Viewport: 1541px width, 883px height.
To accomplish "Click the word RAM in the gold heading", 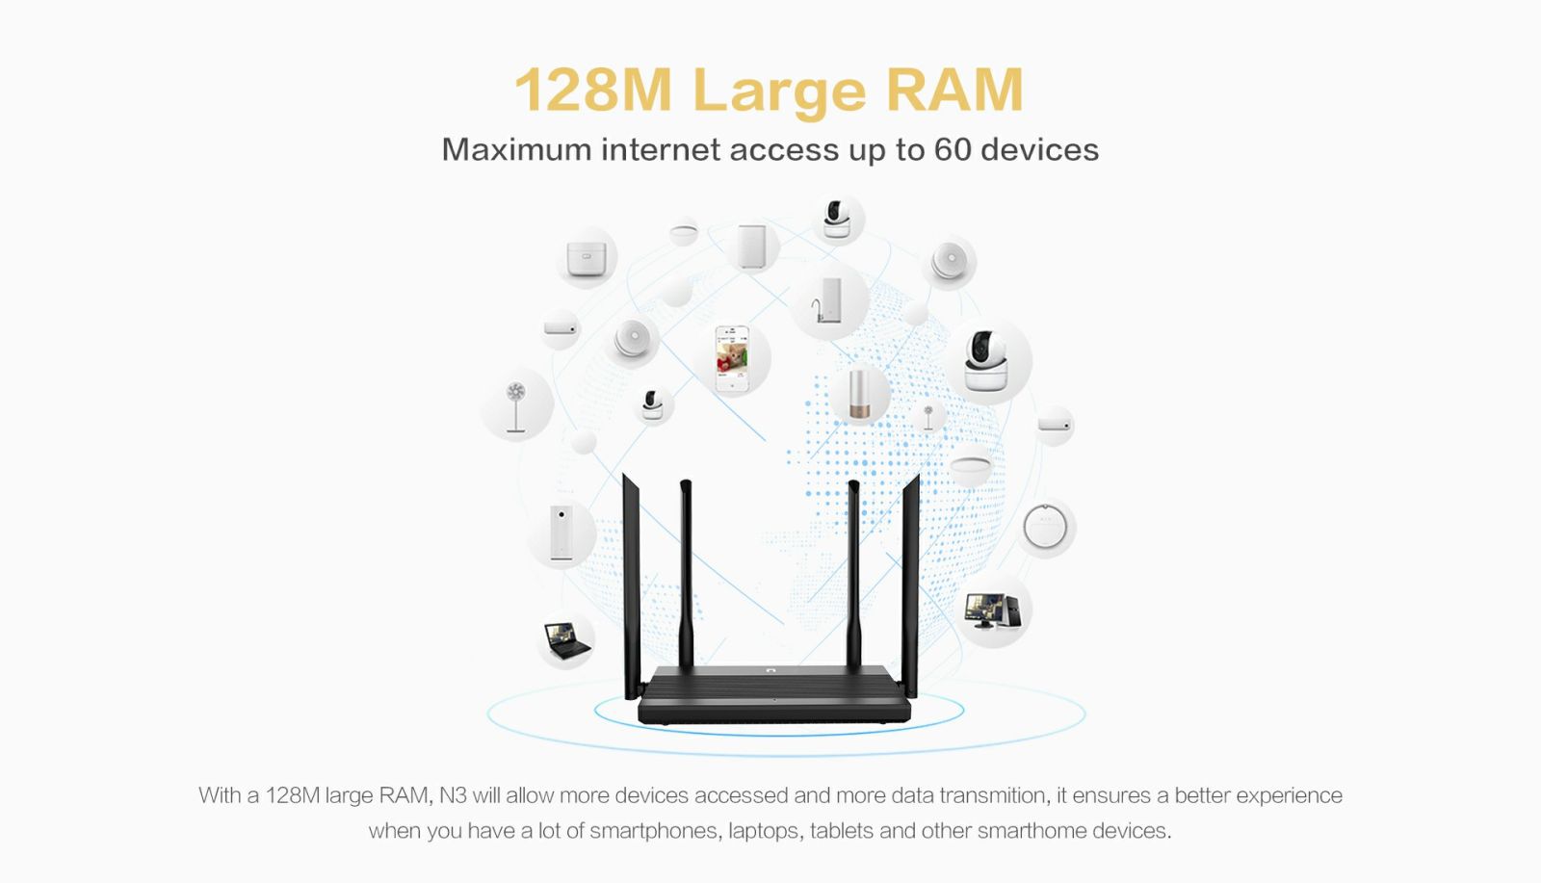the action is [x=954, y=90].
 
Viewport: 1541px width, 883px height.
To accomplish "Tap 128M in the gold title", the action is [x=592, y=90].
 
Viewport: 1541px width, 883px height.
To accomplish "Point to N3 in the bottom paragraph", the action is [x=454, y=795].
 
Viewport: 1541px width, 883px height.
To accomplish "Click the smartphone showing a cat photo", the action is [x=732, y=359].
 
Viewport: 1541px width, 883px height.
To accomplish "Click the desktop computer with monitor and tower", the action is [x=992, y=610].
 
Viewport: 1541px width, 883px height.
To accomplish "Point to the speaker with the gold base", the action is [x=859, y=394].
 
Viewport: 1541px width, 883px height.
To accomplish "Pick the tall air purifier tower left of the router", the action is [x=561, y=532].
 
